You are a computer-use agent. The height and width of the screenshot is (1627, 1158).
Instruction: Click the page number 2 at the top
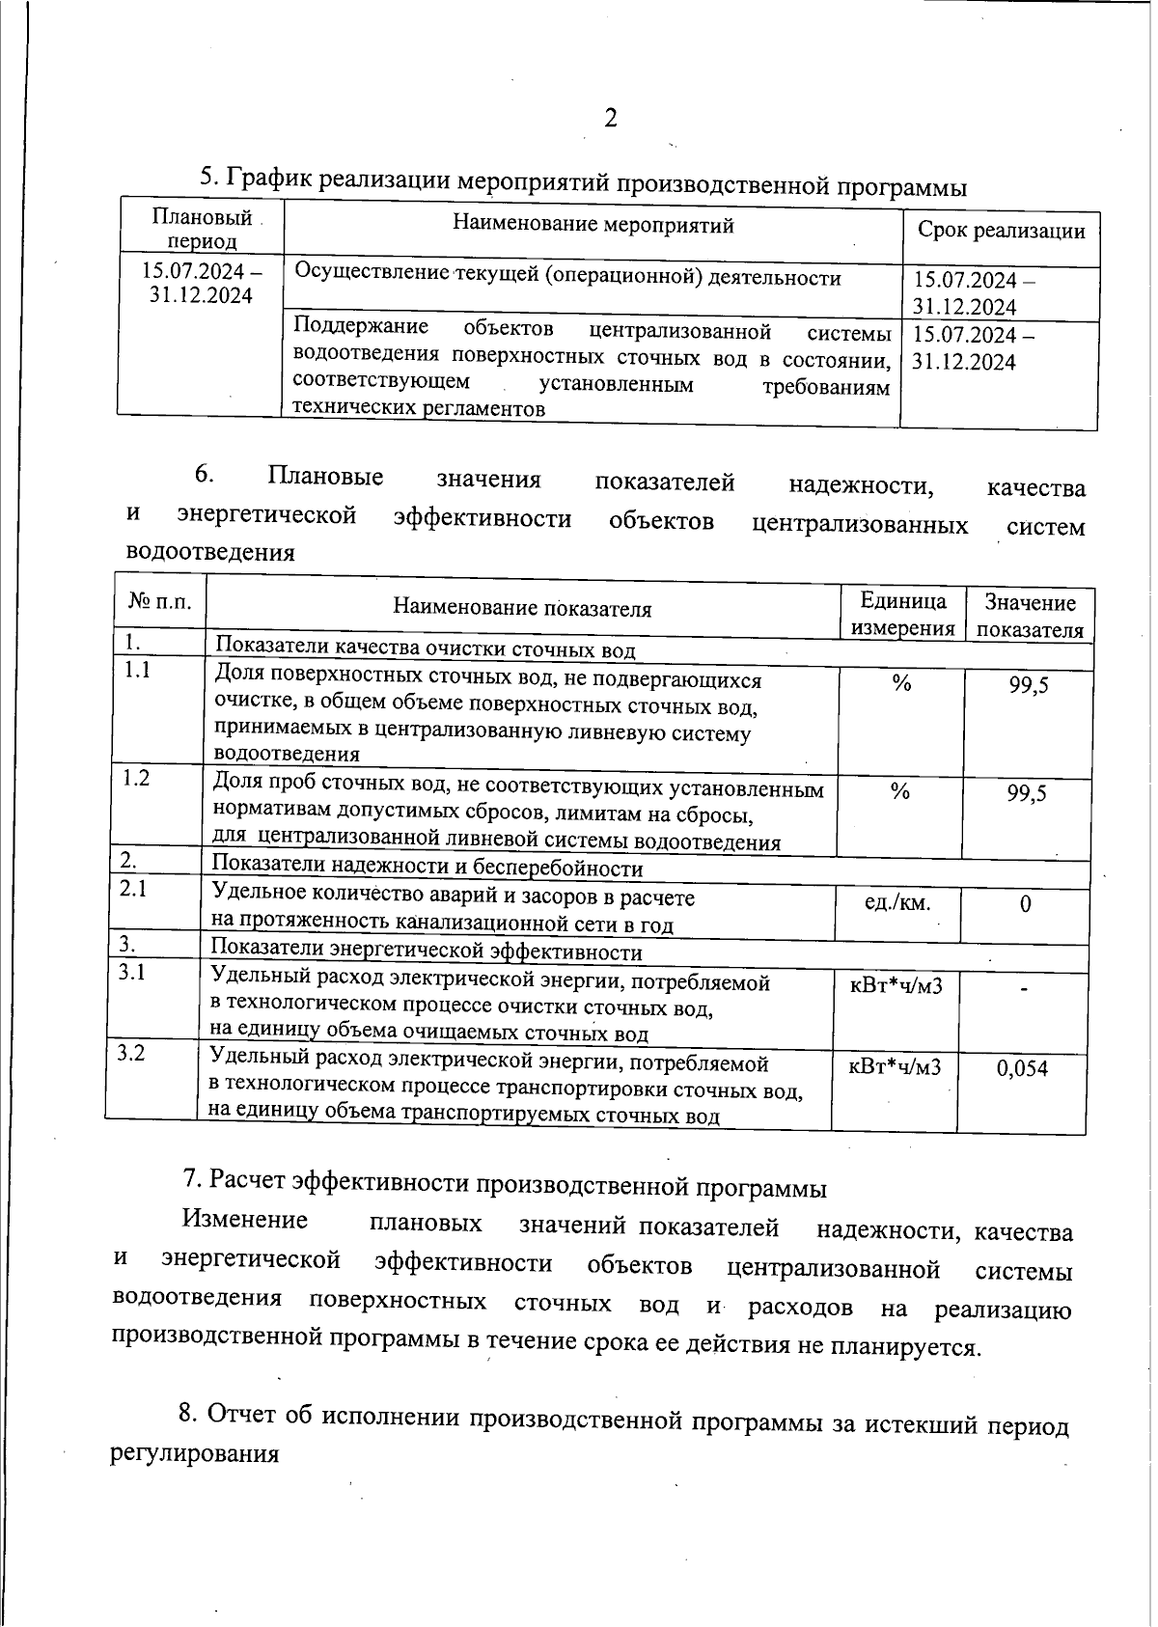(610, 119)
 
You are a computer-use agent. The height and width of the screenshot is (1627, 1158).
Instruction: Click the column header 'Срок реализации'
(1001, 232)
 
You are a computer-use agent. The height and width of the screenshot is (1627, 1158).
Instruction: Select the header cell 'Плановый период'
(201, 229)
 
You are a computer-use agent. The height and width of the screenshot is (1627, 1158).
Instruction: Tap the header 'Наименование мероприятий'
(593, 226)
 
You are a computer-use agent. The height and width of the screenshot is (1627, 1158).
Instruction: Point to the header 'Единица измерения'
(902, 615)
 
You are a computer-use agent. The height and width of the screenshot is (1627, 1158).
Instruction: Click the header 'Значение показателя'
(1030, 617)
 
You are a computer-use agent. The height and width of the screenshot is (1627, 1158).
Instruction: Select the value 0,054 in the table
(1022, 1068)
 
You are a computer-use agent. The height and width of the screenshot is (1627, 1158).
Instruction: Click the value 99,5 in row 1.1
(1029, 686)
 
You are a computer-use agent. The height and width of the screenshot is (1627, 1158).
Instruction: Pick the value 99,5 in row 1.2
(1027, 794)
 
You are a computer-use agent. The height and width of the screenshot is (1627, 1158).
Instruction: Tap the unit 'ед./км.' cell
(897, 903)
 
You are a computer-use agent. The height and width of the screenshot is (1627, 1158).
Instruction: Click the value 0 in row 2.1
(1025, 904)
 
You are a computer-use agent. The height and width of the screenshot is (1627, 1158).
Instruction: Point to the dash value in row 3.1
(1024, 988)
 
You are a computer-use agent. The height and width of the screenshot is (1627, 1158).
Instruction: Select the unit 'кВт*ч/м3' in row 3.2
(895, 1066)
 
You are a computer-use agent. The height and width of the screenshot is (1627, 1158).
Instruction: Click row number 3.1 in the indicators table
(132, 973)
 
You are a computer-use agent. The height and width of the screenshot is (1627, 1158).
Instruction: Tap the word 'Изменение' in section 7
(245, 1220)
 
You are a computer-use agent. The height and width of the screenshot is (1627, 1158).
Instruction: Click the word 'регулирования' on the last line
(195, 1454)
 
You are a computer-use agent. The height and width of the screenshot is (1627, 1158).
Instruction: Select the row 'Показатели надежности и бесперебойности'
(427, 869)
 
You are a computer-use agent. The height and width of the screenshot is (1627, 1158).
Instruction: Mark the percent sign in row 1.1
(901, 684)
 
